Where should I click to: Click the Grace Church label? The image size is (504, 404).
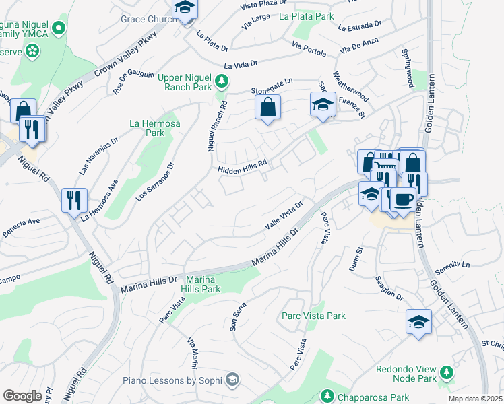point(148,19)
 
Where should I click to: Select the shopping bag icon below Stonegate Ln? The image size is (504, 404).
point(267,107)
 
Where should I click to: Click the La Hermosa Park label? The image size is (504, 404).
point(147,128)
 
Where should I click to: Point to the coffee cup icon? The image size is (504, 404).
point(404,200)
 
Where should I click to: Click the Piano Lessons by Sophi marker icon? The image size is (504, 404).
point(232,380)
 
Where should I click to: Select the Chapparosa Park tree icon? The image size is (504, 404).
point(327,395)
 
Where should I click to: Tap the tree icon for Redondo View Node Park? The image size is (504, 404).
point(445,372)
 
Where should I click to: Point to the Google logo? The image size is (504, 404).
point(22,396)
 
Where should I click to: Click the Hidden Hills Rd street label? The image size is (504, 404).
point(243,166)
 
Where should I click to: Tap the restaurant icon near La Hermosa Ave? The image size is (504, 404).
point(73,199)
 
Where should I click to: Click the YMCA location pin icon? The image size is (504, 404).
point(59,28)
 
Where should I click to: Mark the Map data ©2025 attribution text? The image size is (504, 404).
point(476,399)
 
